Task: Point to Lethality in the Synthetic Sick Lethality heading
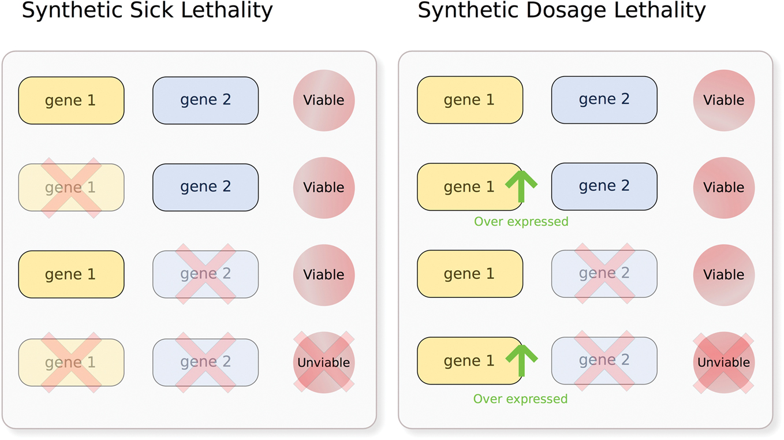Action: (x=225, y=10)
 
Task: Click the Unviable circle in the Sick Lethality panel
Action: (x=323, y=362)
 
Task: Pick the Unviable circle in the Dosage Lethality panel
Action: (x=723, y=362)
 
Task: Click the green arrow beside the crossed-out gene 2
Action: (x=521, y=360)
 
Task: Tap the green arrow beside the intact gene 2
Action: (x=521, y=186)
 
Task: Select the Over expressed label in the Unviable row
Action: (x=520, y=399)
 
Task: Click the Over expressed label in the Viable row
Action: (x=521, y=222)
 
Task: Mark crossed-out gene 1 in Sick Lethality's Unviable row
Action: (x=71, y=362)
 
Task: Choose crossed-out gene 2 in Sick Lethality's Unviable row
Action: (x=206, y=362)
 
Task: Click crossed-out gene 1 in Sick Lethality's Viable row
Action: (x=71, y=188)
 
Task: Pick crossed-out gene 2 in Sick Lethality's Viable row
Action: (x=206, y=274)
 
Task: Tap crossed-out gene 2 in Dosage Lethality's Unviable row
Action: (x=604, y=360)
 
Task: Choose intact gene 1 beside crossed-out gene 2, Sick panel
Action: (x=71, y=274)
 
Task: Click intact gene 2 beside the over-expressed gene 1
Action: (x=604, y=187)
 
